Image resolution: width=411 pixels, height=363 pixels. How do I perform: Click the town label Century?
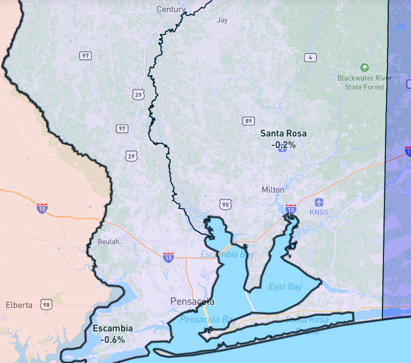[171, 9]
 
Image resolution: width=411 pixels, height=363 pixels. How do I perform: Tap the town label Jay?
[222, 20]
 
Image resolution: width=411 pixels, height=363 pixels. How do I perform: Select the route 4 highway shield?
[310, 57]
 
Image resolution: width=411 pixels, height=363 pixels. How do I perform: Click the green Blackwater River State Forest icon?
[365, 67]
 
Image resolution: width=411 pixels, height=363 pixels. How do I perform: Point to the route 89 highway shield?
[248, 121]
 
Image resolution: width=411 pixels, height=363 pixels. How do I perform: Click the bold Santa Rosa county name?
[283, 133]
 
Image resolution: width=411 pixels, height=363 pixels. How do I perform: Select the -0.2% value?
[283, 145]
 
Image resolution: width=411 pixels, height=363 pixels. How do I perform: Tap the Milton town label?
[273, 190]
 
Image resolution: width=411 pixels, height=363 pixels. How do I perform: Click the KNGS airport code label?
[319, 213]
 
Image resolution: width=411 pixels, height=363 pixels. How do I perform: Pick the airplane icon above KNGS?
[319, 202]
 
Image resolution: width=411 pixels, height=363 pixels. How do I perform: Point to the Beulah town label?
[108, 242]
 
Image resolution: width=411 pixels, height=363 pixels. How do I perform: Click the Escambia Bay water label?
[227, 254]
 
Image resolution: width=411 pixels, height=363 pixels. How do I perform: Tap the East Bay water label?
[285, 286]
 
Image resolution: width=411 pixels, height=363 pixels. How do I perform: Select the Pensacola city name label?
[192, 302]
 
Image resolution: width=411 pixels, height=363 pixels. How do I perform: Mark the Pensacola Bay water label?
[206, 318]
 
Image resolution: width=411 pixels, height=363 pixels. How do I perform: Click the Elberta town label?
[19, 305]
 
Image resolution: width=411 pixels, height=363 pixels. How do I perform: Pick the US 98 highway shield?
[46, 305]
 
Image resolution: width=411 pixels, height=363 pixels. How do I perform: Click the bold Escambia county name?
[113, 329]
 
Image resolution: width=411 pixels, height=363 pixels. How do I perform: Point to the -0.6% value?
[113, 340]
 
